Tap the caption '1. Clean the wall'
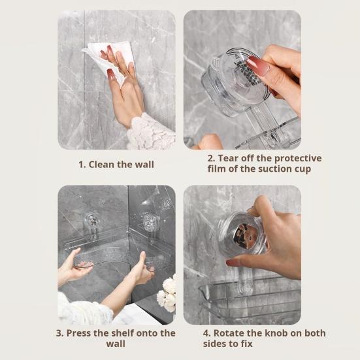pos(116,164)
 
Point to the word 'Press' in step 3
pos(82,333)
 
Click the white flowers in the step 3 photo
pos(167,293)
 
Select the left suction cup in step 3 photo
pos(93,222)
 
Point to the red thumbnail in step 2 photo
pos(255,65)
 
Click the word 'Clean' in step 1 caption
pos(103,164)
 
